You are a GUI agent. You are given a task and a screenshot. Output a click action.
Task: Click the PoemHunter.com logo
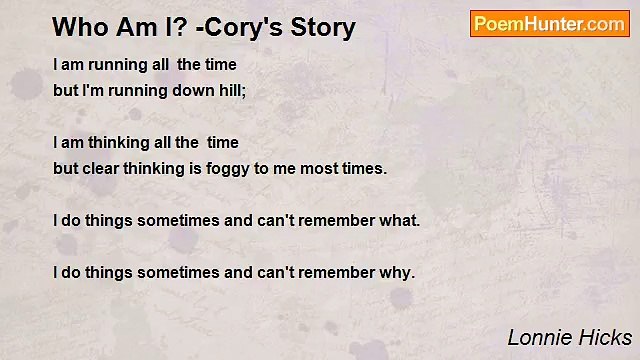549,24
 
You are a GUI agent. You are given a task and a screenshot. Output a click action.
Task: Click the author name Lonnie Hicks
569,337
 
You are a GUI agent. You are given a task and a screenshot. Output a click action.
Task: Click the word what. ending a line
399,220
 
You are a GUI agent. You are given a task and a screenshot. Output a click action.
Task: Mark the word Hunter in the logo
550,24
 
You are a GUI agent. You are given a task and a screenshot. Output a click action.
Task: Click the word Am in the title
125,27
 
